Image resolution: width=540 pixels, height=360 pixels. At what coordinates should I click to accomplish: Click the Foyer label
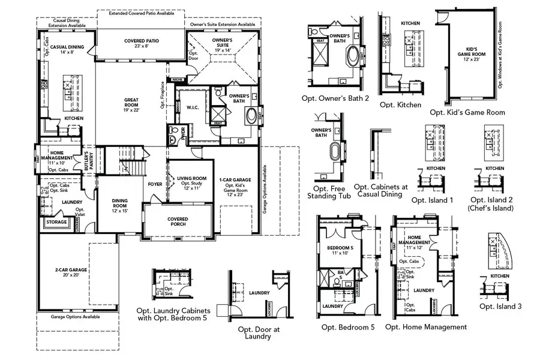point(155,184)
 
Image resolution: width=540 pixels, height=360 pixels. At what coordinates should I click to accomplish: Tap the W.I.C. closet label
point(193,109)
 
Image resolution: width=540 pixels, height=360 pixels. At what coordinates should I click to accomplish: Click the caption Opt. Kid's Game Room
point(467,112)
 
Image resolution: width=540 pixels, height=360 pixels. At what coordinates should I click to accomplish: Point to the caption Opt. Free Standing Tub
point(328,192)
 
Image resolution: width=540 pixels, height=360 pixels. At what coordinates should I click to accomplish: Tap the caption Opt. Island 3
point(500,306)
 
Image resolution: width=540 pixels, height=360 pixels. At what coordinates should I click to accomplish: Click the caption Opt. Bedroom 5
point(347,327)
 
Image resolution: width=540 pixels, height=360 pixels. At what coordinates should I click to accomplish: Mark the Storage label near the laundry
point(56,222)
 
